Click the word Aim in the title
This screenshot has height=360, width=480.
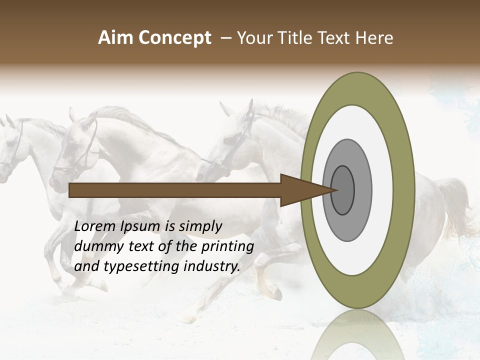coord(115,38)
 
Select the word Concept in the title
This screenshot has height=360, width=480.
coord(174,38)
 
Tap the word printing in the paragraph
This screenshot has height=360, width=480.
coord(227,246)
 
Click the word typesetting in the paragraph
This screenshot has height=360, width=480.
coord(142,266)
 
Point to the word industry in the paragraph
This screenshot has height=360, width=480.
coord(212,266)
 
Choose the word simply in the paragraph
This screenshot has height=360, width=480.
coord(200,226)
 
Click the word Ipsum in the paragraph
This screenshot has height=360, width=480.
coord(141,226)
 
